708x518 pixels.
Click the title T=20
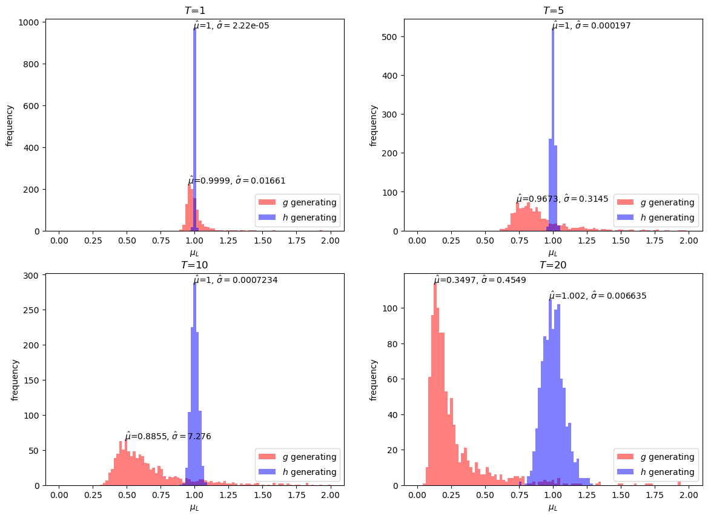click(x=553, y=265)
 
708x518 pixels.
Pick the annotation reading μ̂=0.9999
click(x=237, y=181)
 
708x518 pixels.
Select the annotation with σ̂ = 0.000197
click(x=598, y=25)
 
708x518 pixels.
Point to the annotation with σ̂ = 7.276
click(x=168, y=436)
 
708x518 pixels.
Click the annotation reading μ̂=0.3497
click(x=480, y=280)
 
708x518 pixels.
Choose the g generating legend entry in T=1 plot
click(x=297, y=202)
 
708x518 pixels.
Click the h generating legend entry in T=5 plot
click(x=655, y=217)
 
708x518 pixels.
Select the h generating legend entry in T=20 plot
click(x=655, y=472)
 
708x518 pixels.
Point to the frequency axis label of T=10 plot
click(x=15, y=380)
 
